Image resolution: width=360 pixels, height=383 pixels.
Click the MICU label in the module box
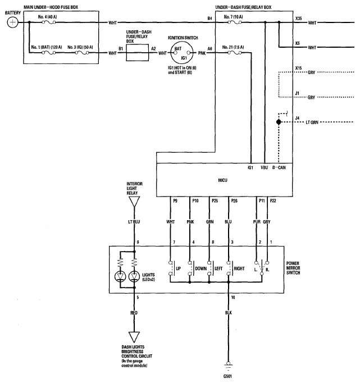coord(224,180)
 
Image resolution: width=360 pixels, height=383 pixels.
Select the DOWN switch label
coord(201,268)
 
